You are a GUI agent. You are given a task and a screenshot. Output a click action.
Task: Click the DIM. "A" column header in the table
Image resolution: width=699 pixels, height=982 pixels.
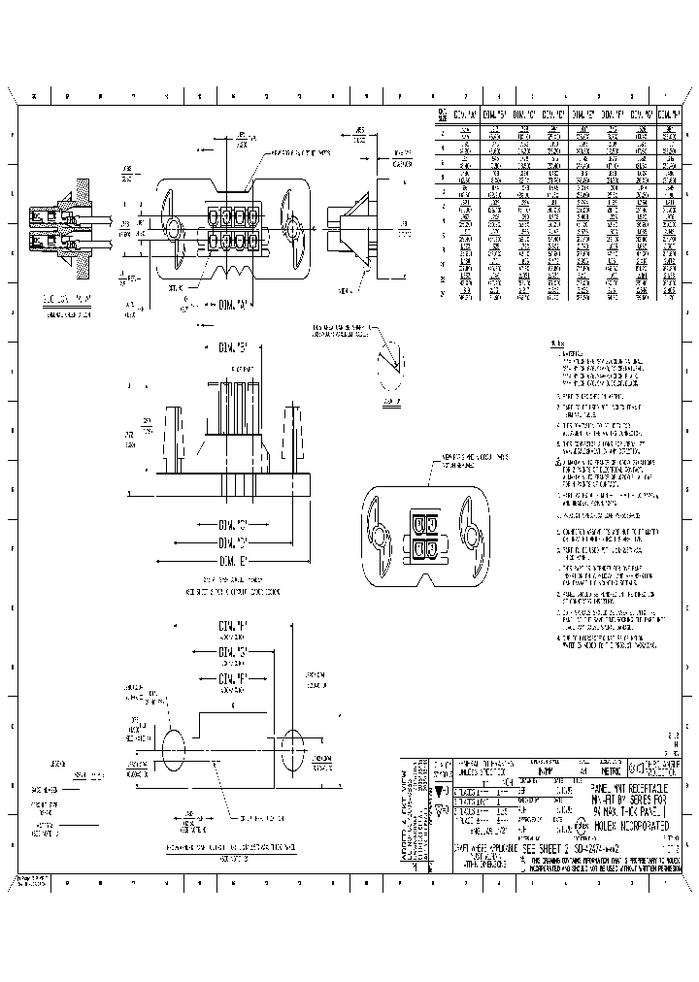[x=467, y=115]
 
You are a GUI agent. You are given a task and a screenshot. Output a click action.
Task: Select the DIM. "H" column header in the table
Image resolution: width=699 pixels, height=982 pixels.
[x=668, y=115]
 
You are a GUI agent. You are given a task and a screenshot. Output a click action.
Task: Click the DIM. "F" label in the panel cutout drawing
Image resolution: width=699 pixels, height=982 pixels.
[x=233, y=678]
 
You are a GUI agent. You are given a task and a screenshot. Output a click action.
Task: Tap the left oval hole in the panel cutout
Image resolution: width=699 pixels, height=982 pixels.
[x=174, y=750]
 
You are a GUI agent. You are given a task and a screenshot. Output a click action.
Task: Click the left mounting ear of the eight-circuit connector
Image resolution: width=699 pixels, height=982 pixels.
[x=174, y=230]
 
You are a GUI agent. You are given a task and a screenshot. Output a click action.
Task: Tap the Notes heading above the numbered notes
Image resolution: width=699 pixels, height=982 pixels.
[x=557, y=344]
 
